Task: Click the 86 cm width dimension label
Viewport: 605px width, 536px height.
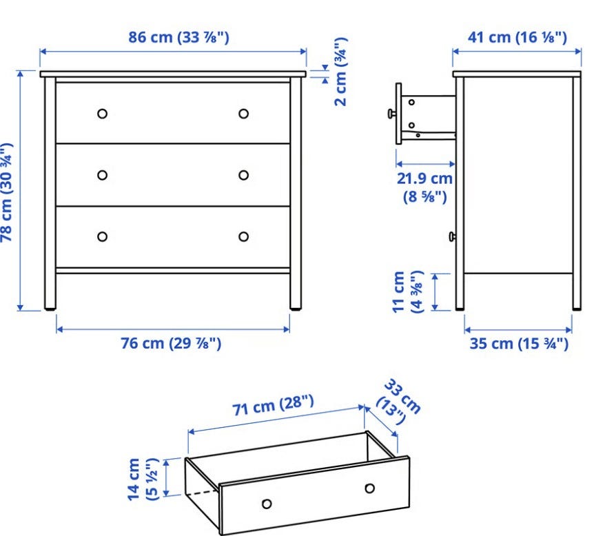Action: pyautogui.click(x=178, y=37)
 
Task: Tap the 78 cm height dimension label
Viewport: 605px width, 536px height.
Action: pyautogui.click(x=7, y=192)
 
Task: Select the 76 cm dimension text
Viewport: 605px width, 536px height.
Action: pyautogui.click(x=171, y=343)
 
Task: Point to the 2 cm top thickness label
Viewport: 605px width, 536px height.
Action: pyautogui.click(x=340, y=72)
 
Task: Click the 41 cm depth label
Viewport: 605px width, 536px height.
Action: pyautogui.click(x=517, y=37)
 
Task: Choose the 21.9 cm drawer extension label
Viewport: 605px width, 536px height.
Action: pyautogui.click(x=425, y=187)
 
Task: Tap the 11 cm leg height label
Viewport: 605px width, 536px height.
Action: pyautogui.click(x=408, y=291)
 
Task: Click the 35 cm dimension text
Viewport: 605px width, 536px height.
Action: pyautogui.click(x=519, y=344)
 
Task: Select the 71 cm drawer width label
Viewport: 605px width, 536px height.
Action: pyautogui.click(x=273, y=405)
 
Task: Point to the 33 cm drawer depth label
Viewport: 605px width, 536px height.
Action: pyautogui.click(x=398, y=402)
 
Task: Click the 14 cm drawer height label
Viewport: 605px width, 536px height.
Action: pyautogui.click(x=143, y=480)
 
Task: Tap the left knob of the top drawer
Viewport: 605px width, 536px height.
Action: pyautogui.click(x=102, y=114)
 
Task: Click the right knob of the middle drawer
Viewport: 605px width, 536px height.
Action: pyautogui.click(x=243, y=175)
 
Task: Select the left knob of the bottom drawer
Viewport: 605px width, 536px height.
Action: pyautogui.click(x=102, y=236)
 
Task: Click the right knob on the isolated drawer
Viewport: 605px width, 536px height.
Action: pyautogui.click(x=369, y=488)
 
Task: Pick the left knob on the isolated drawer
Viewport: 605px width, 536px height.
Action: pyautogui.click(x=267, y=504)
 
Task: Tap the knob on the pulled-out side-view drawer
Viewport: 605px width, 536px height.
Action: pyautogui.click(x=391, y=114)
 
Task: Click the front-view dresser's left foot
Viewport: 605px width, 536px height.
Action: pyautogui.click(x=50, y=309)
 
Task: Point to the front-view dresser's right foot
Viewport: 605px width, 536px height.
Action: pyautogui.click(x=296, y=309)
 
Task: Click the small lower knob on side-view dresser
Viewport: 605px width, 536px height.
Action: pyautogui.click(x=452, y=236)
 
